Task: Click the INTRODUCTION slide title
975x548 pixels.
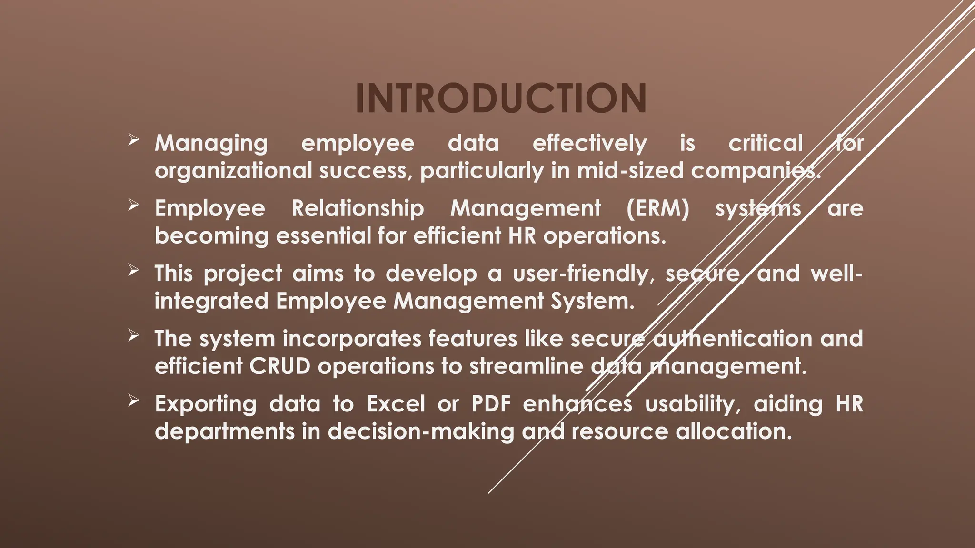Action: pos(501,98)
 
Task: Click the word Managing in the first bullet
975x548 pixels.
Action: pos(211,144)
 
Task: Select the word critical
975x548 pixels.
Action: pos(766,143)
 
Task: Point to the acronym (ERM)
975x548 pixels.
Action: pos(657,208)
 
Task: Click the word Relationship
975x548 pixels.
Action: pos(358,208)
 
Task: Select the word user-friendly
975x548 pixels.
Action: pos(584,274)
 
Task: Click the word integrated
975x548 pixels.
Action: pos(211,301)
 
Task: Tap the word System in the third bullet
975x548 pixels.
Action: pos(592,301)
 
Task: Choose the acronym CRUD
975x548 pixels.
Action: pos(280,366)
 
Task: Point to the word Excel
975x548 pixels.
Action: pos(396,404)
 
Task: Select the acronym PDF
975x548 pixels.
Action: pos(491,404)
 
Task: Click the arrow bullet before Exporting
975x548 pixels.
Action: pos(133,401)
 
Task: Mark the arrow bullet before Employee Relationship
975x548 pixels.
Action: pos(133,205)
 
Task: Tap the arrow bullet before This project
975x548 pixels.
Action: pos(133,271)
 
